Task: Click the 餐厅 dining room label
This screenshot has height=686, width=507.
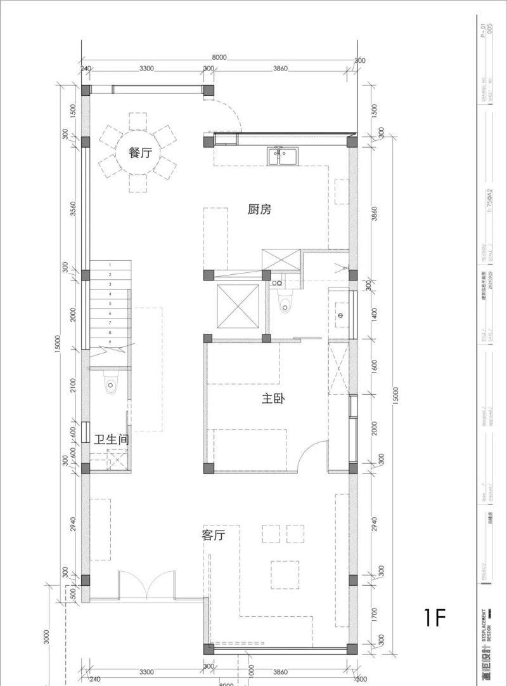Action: click(140, 153)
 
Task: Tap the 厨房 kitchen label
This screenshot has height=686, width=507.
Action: click(259, 209)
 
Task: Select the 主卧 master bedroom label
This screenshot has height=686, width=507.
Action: click(273, 399)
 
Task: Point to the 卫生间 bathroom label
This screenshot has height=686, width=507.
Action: click(111, 439)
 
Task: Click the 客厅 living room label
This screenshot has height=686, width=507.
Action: click(214, 536)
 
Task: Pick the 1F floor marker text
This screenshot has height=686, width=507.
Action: click(437, 617)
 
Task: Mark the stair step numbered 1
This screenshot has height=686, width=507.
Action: click(110, 265)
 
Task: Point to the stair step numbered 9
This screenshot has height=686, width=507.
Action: click(110, 342)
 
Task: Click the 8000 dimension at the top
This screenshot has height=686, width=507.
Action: click(219, 57)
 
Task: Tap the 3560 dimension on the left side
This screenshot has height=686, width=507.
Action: click(74, 208)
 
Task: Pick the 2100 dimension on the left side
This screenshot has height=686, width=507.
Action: click(74, 385)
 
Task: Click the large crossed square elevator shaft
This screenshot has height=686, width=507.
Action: click(238, 307)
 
